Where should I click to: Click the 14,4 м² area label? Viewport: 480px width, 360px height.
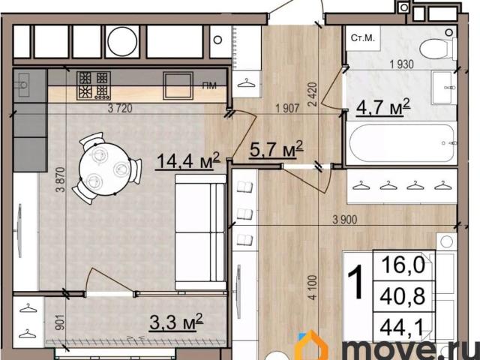187,160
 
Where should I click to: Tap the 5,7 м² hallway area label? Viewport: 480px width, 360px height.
277,149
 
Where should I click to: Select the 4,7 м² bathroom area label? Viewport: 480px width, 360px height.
383,107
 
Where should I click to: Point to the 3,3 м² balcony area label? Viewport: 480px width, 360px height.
176,322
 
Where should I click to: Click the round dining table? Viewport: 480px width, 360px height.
105,169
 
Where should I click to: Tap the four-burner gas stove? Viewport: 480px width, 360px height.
94,85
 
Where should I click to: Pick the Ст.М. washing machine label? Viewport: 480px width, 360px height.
363,38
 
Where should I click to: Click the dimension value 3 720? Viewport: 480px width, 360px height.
120,108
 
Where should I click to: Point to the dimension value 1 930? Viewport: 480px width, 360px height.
402,64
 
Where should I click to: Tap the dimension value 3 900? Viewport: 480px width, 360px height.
345,220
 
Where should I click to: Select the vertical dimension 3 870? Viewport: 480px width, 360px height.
61,179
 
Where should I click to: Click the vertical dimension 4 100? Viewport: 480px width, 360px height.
313,287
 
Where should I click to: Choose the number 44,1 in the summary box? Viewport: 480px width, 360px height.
401,328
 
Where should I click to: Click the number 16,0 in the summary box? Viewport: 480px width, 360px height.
403,265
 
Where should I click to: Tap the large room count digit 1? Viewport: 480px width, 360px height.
355,282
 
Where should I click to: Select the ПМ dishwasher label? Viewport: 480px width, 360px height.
209,85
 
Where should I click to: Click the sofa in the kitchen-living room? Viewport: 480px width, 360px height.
200,232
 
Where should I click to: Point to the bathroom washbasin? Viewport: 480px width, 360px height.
444,88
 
